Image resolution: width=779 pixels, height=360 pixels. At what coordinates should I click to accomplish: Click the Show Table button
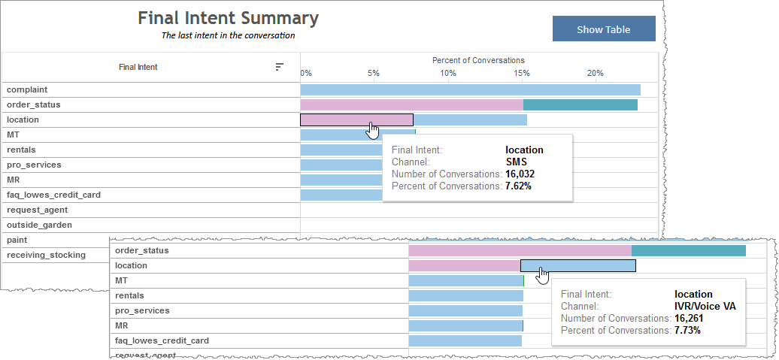point(603,29)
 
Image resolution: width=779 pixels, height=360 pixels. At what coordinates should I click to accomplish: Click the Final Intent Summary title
point(228,18)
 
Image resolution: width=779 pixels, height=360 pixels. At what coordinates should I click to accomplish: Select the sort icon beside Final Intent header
point(279,67)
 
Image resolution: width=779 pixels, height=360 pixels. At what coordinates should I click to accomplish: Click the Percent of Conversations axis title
point(478,60)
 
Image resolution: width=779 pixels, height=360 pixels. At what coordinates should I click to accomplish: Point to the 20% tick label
point(595,73)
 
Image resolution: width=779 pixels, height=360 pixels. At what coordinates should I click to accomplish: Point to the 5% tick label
point(373,73)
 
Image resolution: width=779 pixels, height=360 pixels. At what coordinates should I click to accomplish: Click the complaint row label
point(27,89)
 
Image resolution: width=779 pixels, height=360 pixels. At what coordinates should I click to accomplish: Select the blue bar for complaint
point(470,89)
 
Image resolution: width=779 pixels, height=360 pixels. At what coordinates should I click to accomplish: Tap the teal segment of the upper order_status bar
point(580,104)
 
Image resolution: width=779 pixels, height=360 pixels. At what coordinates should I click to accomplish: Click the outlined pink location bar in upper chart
point(356,119)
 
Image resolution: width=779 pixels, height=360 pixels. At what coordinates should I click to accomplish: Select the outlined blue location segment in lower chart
point(577,265)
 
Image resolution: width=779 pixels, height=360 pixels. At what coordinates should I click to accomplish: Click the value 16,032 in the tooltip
point(520,174)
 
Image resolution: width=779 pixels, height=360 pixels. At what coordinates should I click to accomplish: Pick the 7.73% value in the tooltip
point(687,330)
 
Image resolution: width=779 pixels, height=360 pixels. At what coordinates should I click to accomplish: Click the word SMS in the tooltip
point(516,162)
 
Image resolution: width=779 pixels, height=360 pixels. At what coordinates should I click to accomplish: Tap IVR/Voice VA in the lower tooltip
point(705,306)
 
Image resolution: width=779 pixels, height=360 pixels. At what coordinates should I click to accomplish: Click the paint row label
point(18,240)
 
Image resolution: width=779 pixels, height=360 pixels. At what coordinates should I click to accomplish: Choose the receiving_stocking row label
point(46,255)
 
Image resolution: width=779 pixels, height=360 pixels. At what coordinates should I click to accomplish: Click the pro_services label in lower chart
point(142,310)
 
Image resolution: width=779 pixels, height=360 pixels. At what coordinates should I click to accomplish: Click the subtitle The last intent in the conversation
point(228,35)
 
